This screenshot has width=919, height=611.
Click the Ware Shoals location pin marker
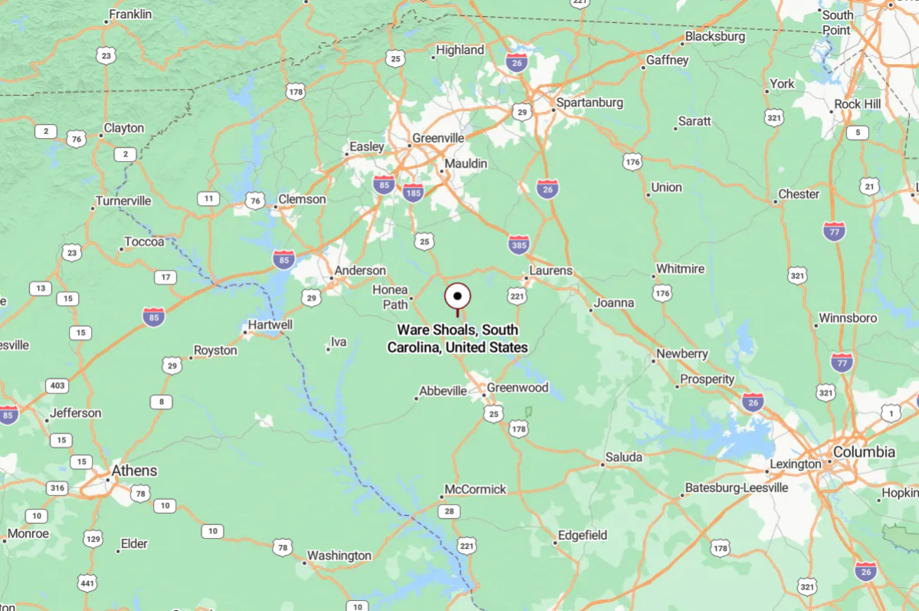click(457, 296)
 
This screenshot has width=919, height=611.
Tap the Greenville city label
click(438, 138)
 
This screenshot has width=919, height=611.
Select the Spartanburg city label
click(590, 102)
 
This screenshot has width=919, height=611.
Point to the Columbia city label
click(864, 452)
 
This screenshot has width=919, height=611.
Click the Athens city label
click(134, 470)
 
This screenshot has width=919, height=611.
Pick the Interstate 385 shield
click(518, 245)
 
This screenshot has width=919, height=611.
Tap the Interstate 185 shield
click(413, 192)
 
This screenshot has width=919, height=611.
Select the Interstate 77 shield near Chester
click(834, 230)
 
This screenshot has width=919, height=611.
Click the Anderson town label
click(360, 271)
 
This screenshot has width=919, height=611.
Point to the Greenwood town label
click(518, 388)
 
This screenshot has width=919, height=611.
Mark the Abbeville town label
click(443, 391)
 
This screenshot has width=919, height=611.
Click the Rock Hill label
click(858, 104)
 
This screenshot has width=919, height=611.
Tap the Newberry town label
click(682, 354)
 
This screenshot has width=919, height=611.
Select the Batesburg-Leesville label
click(736, 488)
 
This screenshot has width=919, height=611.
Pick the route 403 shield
click(57, 386)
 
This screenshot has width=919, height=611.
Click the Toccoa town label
click(145, 241)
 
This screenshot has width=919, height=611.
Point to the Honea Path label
click(391, 297)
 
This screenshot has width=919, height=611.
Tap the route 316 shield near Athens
click(57, 488)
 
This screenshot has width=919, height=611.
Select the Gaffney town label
click(668, 60)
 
